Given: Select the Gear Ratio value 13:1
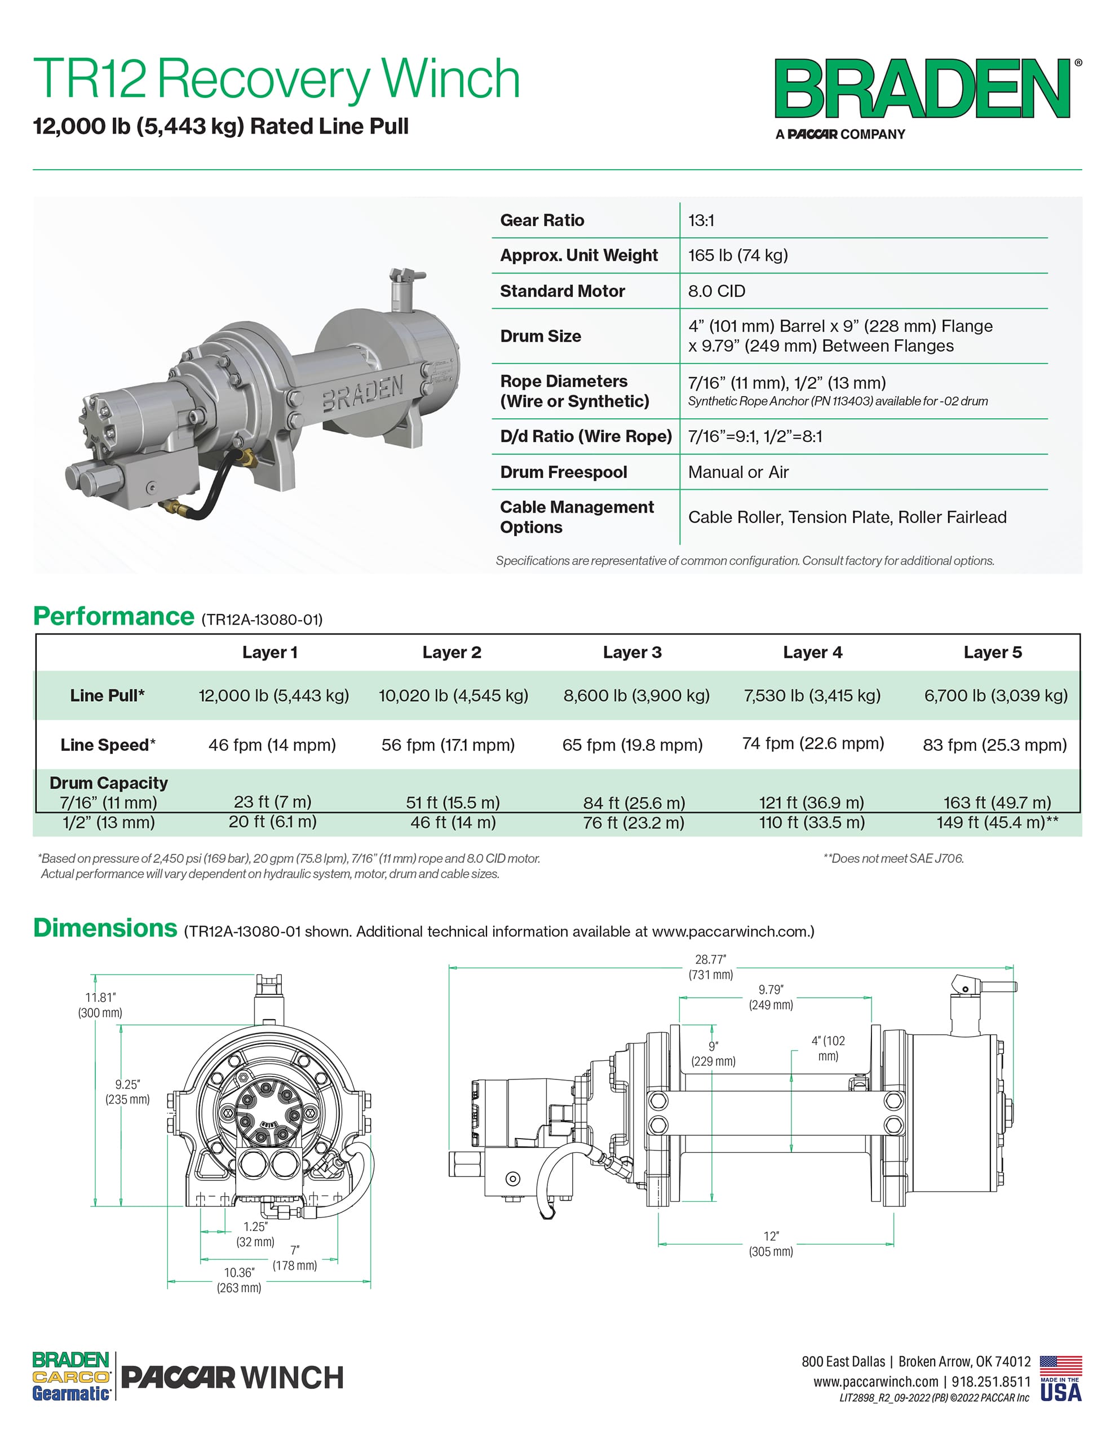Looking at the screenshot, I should (701, 221).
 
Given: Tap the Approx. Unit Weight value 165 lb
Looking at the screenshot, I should (738, 256).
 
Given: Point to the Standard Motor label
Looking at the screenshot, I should (562, 291).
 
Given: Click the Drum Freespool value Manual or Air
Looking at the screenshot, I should (738, 472).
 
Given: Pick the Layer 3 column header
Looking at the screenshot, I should (632, 653).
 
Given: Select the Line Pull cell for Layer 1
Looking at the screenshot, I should (273, 696).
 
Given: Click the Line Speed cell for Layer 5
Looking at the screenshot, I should (995, 745).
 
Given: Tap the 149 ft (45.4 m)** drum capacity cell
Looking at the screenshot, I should (997, 822).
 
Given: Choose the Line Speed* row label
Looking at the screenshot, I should (108, 745).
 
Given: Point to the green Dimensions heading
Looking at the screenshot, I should (105, 928).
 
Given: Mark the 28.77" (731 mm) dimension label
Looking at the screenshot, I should (710, 967).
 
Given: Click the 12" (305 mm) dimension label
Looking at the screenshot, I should (771, 1243).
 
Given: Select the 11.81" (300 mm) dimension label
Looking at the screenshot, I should (100, 1005).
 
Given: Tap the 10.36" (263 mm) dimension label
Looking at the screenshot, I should (238, 1280).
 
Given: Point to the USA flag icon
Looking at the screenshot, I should (1060, 1365).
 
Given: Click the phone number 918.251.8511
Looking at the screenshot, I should (991, 1382).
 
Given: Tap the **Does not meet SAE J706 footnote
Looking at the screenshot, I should (893, 858).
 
